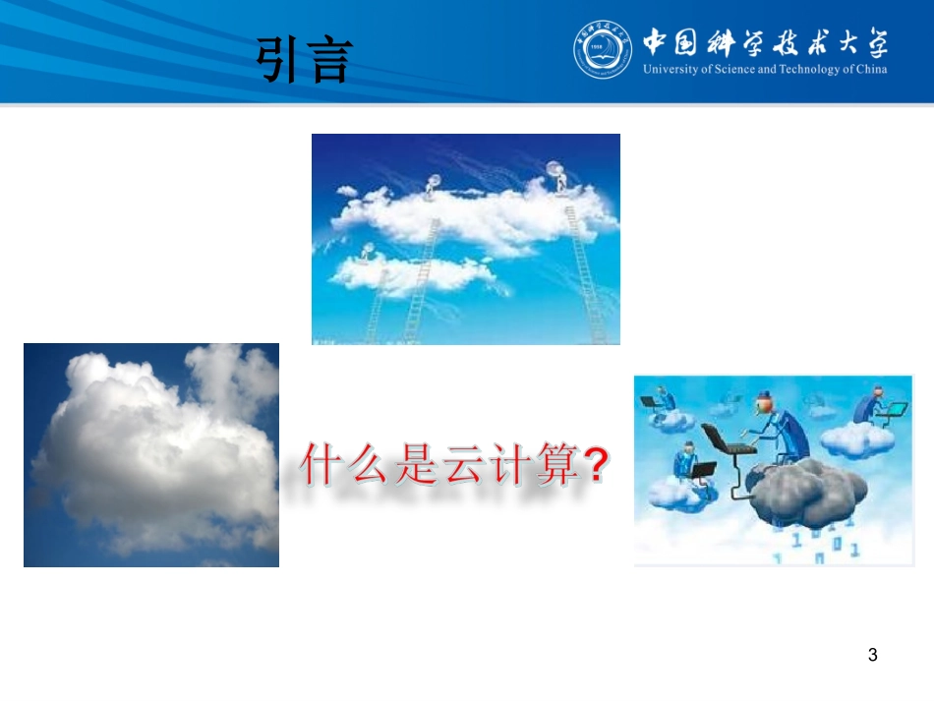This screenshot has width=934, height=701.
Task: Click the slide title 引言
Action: click(304, 61)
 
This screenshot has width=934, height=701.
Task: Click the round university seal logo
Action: click(603, 50)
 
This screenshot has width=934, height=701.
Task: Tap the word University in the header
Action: click(670, 70)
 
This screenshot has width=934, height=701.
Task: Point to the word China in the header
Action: click(870, 70)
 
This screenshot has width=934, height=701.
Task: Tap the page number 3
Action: click(872, 655)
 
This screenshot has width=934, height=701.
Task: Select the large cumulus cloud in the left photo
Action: click(147, 452)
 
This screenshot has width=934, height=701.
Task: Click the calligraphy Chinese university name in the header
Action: click(765, 43)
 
